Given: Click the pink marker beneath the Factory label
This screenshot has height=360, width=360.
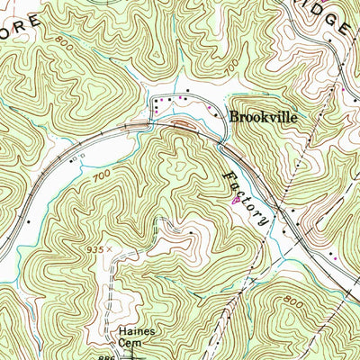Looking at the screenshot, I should (236, 202).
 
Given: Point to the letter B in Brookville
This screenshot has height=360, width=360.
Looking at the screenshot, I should (234, 116).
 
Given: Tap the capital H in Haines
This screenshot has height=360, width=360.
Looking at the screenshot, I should (117, 332).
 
